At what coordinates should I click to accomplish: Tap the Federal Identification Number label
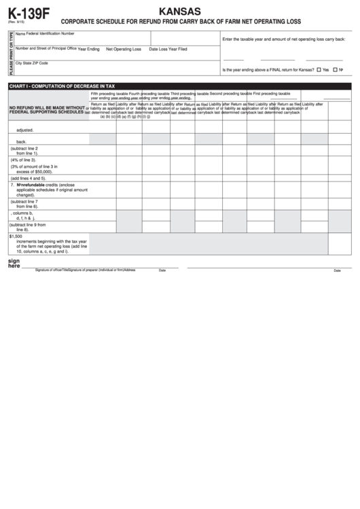(50, 33)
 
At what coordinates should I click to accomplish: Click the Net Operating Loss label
(123, 49)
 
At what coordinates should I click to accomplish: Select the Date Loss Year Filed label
(168, 49)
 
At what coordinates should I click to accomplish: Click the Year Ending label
(88, 49)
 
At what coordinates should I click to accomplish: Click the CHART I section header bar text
(62, 86)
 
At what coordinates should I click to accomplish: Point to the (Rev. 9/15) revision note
(16, 24)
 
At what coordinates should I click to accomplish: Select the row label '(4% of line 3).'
(24, 159)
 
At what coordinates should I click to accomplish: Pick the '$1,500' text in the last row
(16, 236)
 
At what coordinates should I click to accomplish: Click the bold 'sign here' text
(14, 263)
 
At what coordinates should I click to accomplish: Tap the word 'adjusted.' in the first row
(26, 130)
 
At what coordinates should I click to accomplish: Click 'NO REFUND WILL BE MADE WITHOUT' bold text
(47, 107)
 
